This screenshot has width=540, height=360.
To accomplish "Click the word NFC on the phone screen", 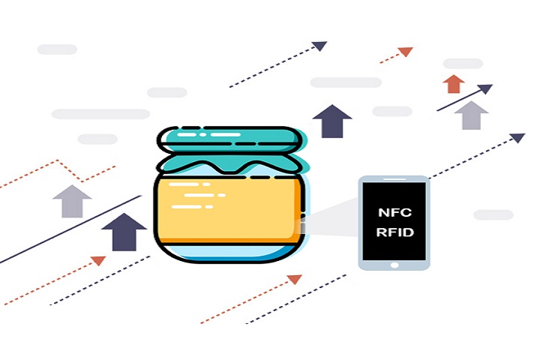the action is click(394, 212).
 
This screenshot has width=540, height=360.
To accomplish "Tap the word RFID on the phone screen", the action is click(394, 232).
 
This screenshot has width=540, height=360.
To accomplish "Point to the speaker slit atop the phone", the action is click(394, 179).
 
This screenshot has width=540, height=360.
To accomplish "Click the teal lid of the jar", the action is click(230, 139).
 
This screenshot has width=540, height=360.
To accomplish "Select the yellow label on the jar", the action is click(229, 210).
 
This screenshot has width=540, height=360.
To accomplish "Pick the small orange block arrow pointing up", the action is click(454, 84).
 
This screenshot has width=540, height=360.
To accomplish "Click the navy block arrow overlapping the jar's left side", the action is click(124, 232).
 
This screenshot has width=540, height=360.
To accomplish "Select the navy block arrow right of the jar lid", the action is click(332, 121).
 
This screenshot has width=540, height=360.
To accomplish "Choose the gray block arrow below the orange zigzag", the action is click(72, 201).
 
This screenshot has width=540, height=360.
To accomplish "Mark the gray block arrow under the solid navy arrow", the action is click(471, 115).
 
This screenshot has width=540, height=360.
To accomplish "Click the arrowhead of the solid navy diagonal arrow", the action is click(486, 88).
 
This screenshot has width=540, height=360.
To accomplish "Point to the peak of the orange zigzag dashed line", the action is click(58, 160).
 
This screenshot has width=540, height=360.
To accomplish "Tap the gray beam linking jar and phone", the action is click(331, 217).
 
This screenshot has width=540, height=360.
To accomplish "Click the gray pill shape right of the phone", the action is click(493, 214).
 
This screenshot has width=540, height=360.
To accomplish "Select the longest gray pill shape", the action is click(100, 114).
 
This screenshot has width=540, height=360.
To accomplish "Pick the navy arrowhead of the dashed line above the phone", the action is click(517, 138).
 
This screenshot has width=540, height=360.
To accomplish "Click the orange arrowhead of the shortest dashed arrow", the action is click(406, 52).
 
